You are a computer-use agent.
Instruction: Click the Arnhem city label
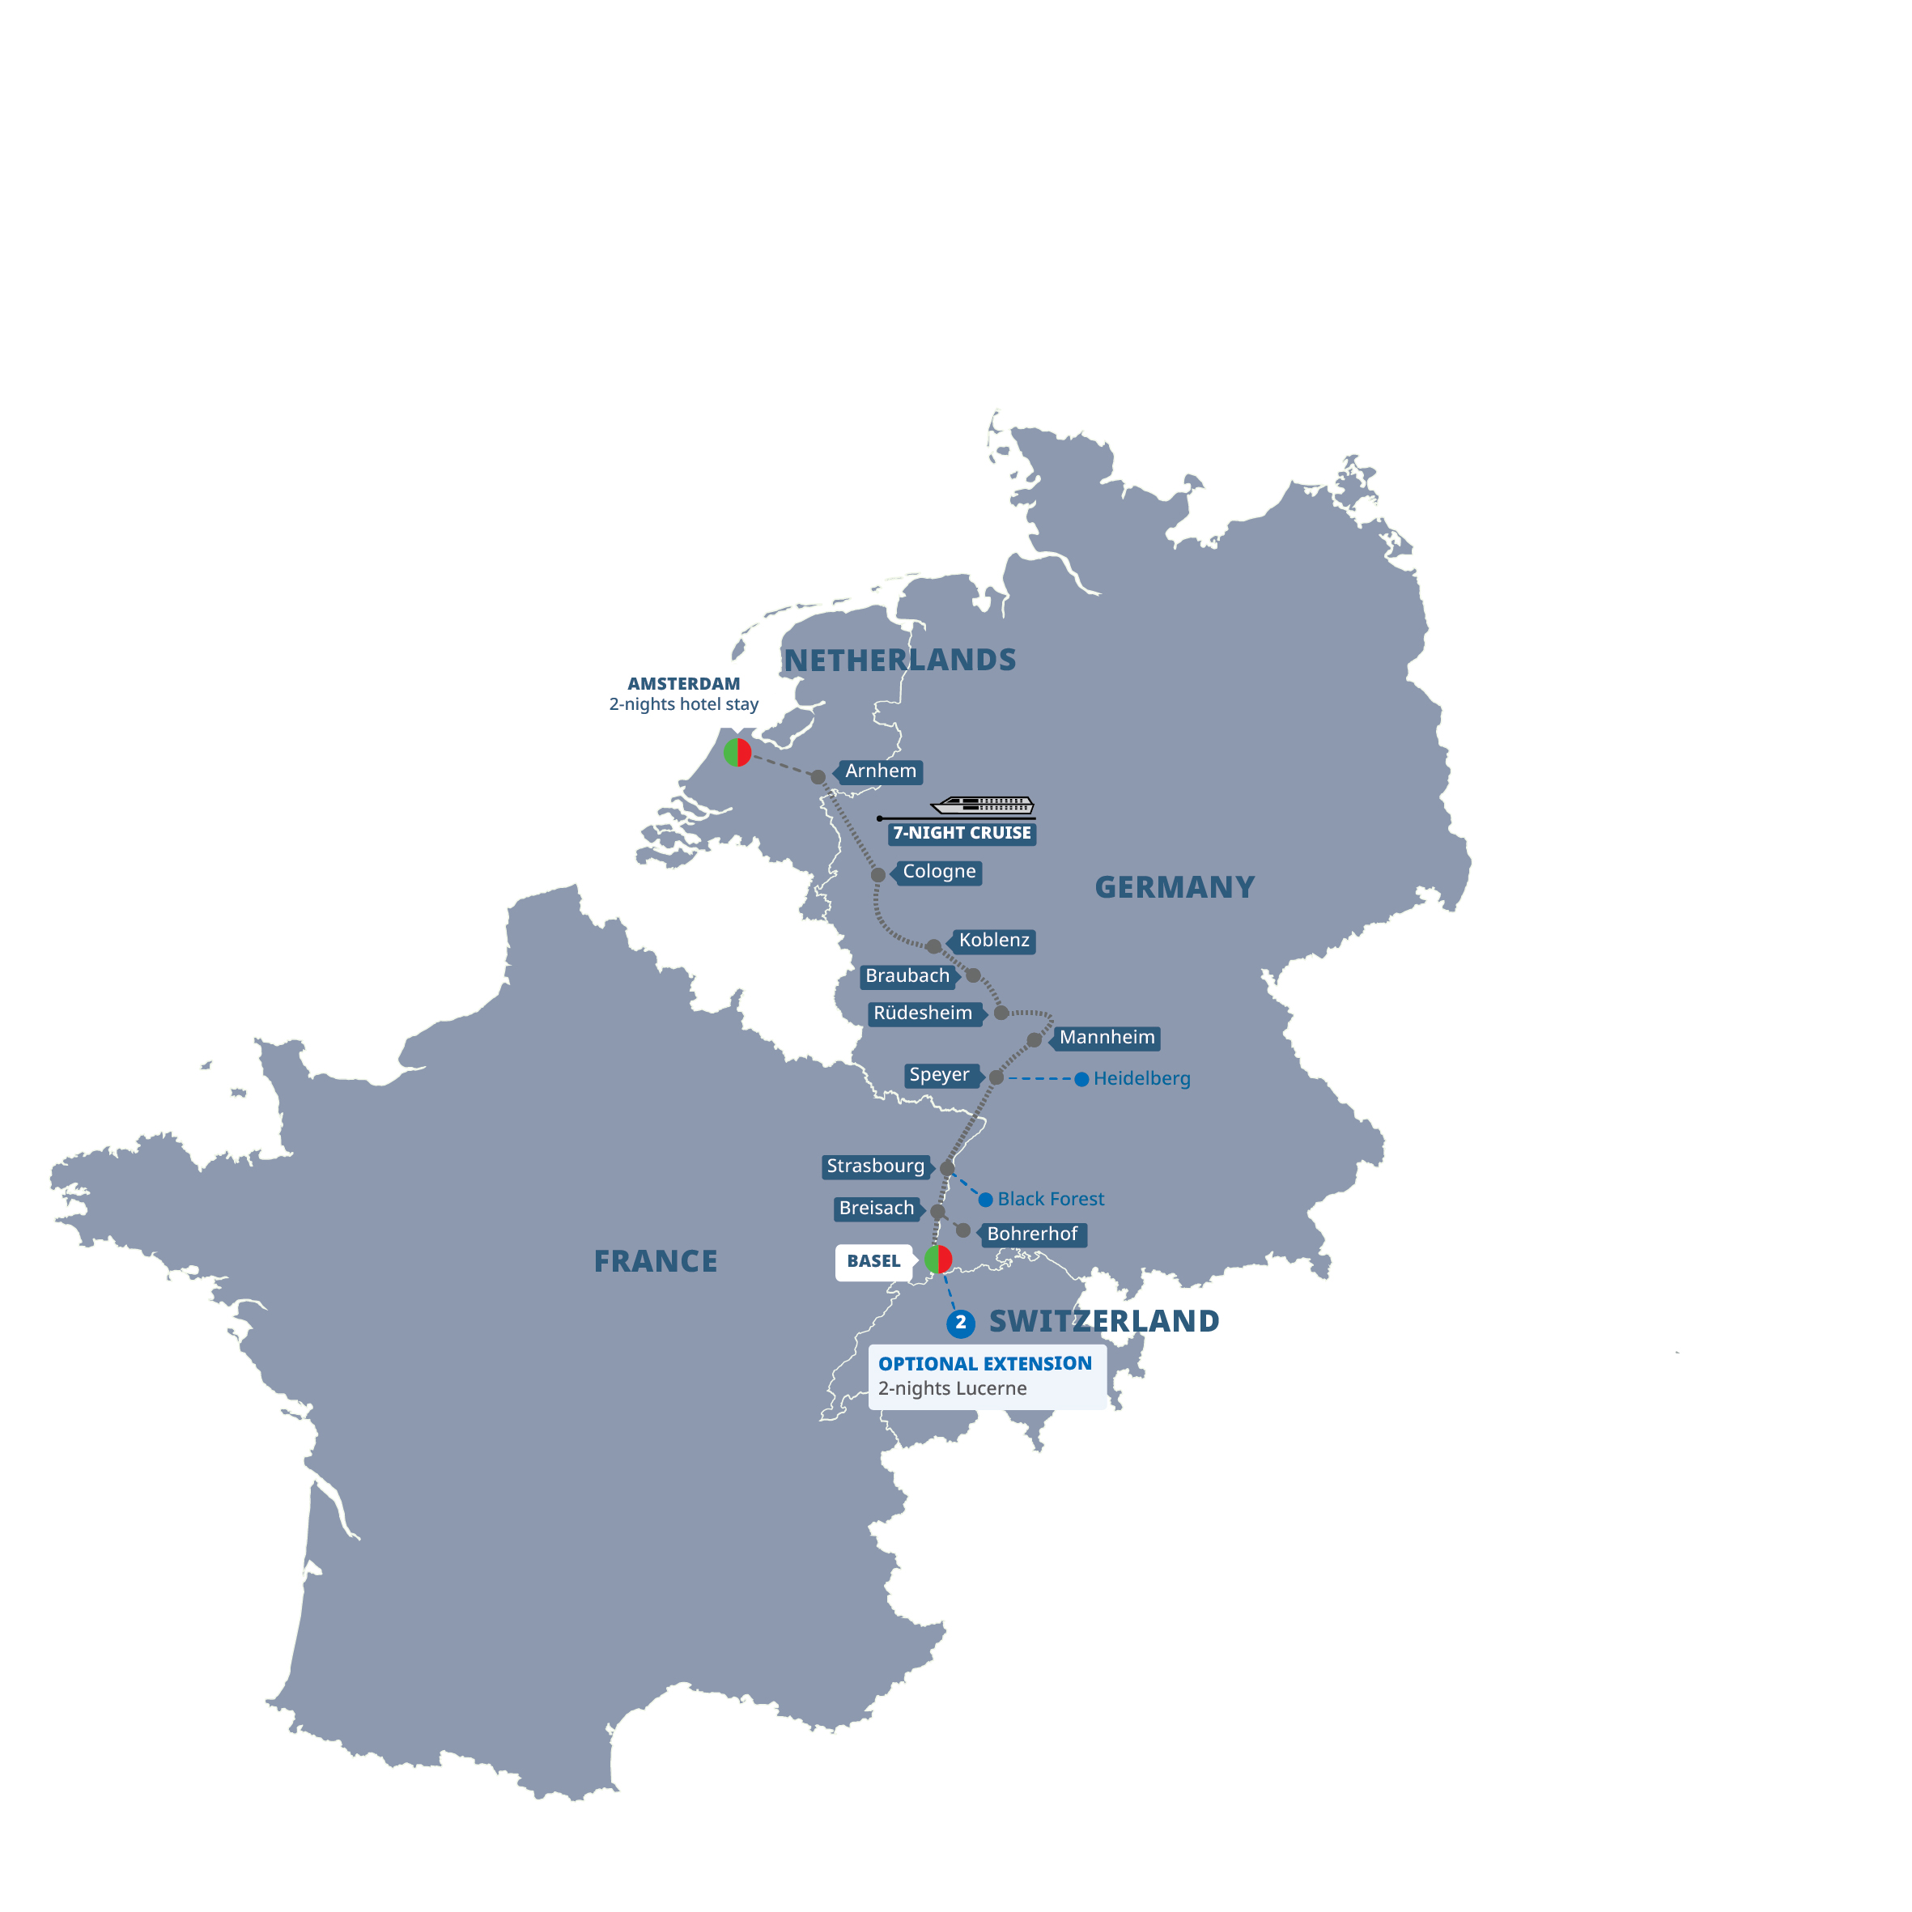880,771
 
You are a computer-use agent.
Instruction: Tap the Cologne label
938,872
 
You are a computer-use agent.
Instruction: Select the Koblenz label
993,940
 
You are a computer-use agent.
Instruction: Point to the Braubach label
907,975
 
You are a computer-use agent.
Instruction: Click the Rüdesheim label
922,1013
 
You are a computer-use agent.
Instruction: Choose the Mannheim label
1107,1037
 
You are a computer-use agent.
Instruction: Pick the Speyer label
939,1075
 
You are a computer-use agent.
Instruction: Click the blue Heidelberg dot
1081,1079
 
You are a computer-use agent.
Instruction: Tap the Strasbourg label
876,1166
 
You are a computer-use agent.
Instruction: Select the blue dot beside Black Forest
986,1200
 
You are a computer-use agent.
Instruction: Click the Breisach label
877,1209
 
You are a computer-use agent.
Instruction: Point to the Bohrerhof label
1032,1234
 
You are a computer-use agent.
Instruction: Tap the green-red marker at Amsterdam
737,752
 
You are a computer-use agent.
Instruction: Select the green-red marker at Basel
938,1260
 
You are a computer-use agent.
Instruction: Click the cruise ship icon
982,805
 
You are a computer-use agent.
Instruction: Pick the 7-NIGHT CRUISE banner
962,833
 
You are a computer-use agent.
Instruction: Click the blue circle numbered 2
961,1324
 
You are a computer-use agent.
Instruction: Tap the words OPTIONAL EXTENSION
984,1364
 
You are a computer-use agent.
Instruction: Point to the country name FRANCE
655,1261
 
